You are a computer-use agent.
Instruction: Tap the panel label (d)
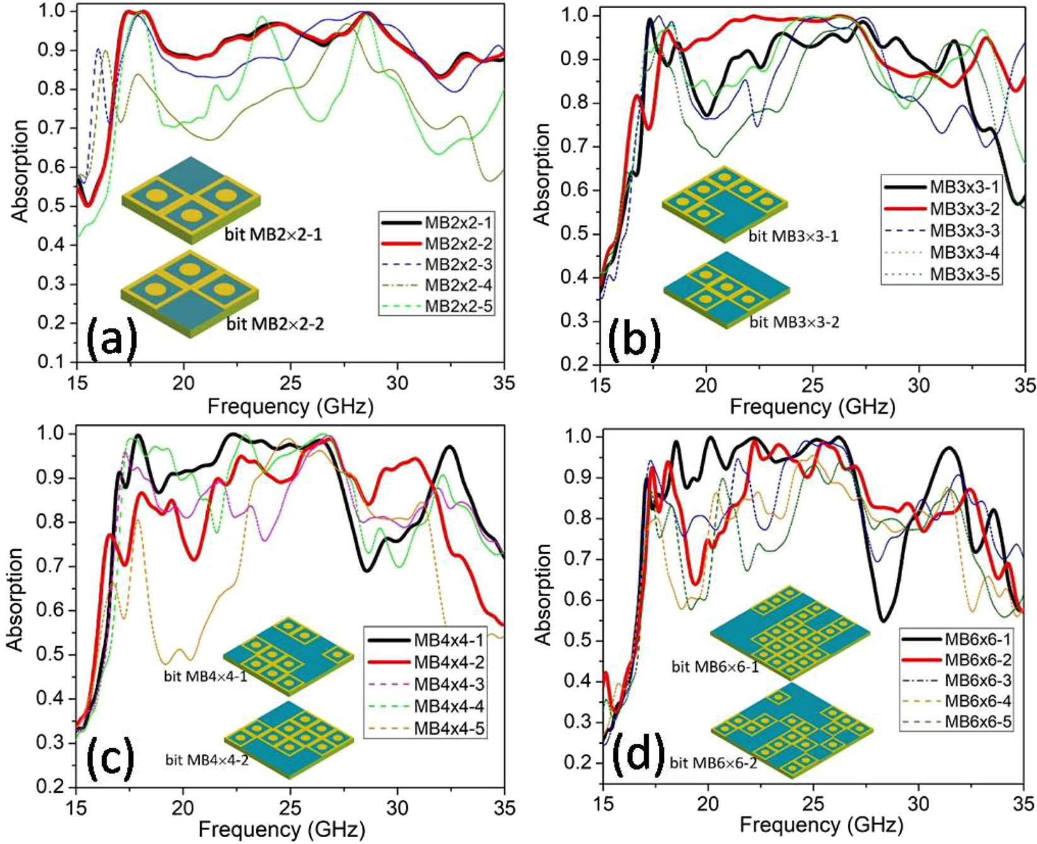(636, 755)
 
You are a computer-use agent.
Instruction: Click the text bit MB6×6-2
(714, 764)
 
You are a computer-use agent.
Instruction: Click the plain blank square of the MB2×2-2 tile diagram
(190, 313)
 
